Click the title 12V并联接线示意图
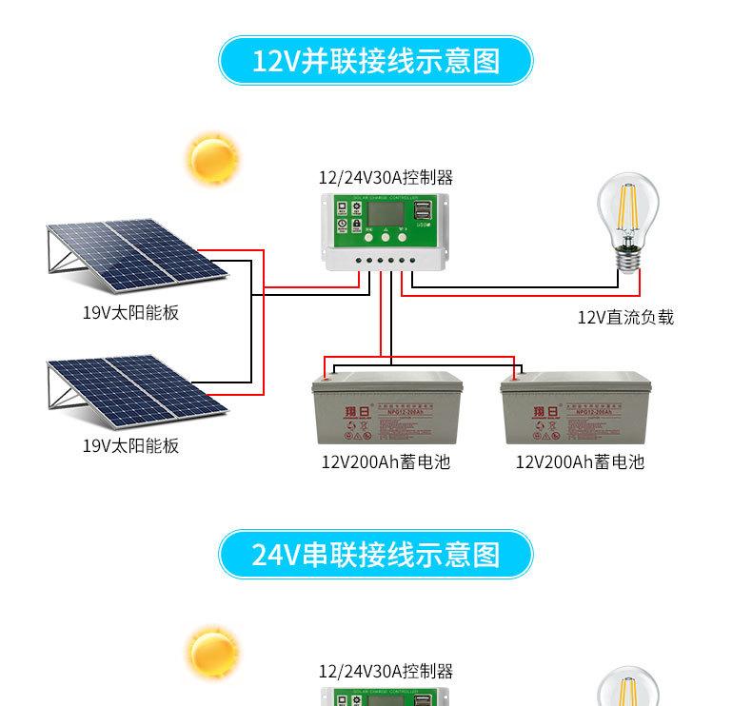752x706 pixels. (375, 62)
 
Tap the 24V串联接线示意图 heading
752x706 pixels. (375, 555)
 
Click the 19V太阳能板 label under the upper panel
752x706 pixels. (130, 312)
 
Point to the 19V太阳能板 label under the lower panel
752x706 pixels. (130, 445)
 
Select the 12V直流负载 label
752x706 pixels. (625, 317)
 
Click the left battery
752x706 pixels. (387, 409)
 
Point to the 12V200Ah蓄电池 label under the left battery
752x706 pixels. (385, 462)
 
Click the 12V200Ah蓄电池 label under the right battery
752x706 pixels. (579, 462)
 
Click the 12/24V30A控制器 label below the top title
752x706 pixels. (386, 177)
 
